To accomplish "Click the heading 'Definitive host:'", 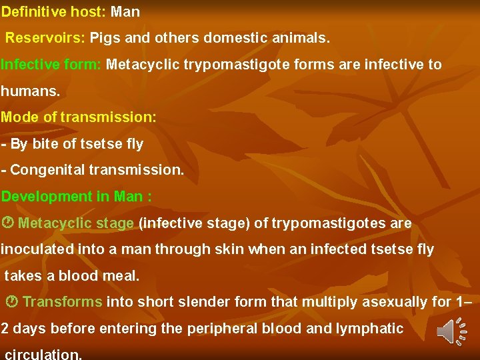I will coord(53,12).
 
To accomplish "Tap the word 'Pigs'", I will coord(105,38).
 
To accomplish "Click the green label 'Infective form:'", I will coord(51,65).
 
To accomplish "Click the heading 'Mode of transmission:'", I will coord(79,117).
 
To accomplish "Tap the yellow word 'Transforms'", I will coord(63,302).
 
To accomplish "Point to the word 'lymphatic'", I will coord(370,328).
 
